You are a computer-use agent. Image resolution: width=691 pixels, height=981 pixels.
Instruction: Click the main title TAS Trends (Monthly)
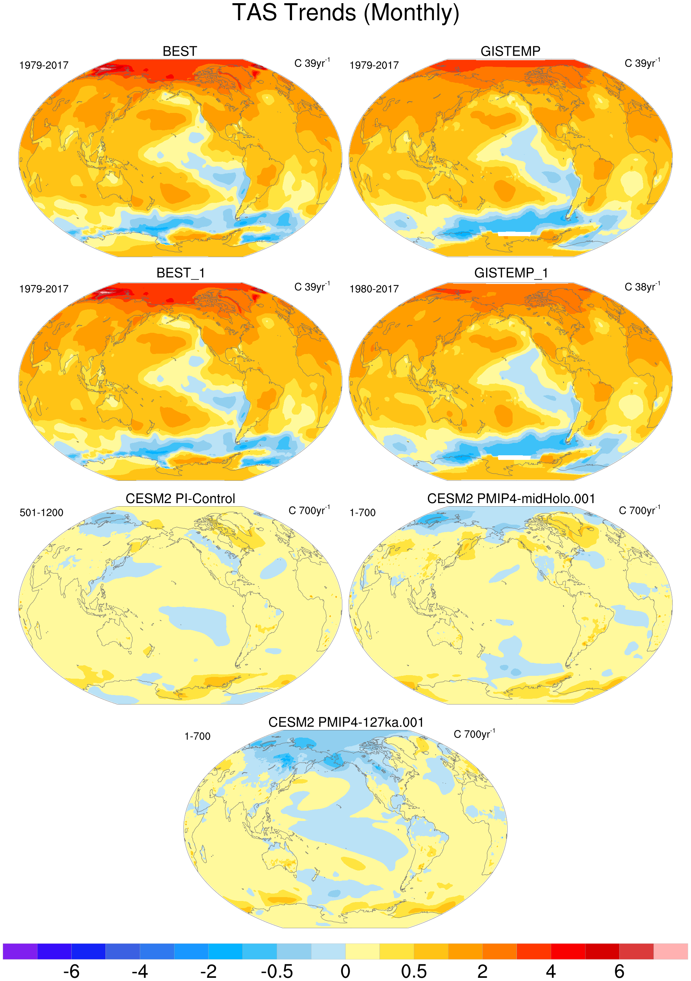coord(345,13)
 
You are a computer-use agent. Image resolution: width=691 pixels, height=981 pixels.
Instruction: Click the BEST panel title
coord(179,51)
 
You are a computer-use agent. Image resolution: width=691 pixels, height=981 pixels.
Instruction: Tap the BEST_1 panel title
coord(180,273)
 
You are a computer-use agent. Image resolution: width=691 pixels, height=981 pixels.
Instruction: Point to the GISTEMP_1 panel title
coord(511,273)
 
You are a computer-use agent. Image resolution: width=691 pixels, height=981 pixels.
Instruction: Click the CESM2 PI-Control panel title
coord(180,498)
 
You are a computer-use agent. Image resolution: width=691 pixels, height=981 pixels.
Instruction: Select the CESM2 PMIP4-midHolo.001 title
coord(511,498)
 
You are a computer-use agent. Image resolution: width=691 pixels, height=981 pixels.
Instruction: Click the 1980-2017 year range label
coord(374,289)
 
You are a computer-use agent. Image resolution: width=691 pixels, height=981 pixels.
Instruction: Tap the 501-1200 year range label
coord(41,513)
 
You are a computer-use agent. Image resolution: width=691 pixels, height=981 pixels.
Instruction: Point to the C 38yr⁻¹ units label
coord(642,287)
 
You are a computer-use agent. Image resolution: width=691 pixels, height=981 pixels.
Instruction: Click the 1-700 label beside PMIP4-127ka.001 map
coord(198,736)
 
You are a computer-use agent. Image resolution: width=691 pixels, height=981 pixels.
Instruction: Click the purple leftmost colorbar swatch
coord(20,952)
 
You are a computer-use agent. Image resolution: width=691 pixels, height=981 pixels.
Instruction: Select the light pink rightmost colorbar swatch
coord(670,952)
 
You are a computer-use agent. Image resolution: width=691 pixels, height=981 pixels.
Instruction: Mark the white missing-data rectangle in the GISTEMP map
coord(514,234)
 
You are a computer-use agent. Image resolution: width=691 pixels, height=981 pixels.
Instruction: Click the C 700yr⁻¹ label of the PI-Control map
coord(309,511)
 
